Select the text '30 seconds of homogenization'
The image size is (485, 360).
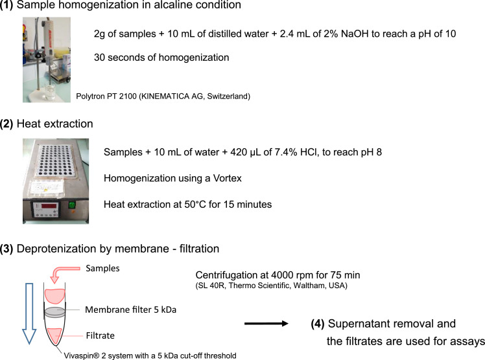[x=161, y=58]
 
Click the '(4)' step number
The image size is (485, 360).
[x=318, y=324]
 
